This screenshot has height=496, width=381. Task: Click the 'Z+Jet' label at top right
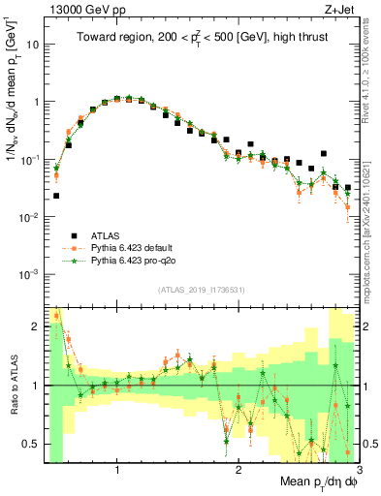click(334, 9)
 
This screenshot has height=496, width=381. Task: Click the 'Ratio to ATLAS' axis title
click(13, 387)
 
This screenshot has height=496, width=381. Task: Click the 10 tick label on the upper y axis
click(33, 45)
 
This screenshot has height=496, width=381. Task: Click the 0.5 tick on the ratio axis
click(32, 444)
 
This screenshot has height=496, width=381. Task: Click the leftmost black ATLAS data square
click(56, 196)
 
